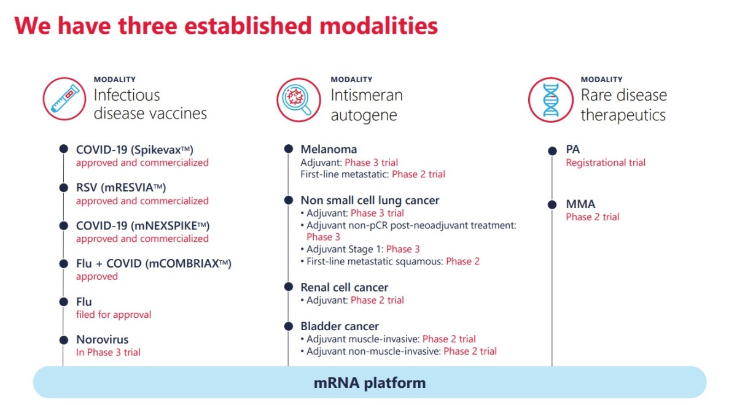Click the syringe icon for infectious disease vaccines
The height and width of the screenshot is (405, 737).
pyautogui.click(x=64, y=99)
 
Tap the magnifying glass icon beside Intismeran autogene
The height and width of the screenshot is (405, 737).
pyautogui.click(x=298, y=99)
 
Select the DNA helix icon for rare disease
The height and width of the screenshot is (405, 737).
pyautogui.click(x=550, y=99)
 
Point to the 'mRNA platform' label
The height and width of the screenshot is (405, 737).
pyautogui.click(x=370, y=383)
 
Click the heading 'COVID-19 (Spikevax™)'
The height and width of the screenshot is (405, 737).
pyautogui.click(x=135, y=150)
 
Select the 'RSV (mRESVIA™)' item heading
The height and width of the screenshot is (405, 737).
pyautogui.click(x=121, y=188)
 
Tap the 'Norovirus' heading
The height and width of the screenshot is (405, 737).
pyautogui.click(x=103, y=339)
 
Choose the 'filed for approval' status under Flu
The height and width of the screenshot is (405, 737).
pyautogui.click(x=114, y=315)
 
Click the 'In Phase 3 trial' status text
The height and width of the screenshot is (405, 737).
pyautogui.click(x=108, y=352)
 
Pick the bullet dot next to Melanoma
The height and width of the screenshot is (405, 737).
pyautogui.click(x=289, y=149)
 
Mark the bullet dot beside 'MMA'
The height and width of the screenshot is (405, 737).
pyautogui.click(x=552, y=204)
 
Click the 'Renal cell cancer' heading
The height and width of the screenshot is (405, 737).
pyautogui.click(x=344, y=287)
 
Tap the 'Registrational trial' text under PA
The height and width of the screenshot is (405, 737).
pyautogui.click(x=606, y=163)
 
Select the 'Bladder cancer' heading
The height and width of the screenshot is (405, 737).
pyautogui.click(x=340, y=326)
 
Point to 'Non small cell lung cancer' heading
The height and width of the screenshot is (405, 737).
pyautogui.click(x=370, y=200)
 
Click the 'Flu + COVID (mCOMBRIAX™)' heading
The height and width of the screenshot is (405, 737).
pyautogui.click(x=154, y=264)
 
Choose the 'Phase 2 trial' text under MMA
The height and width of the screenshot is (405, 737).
pyautogui.click(x=593, y=217)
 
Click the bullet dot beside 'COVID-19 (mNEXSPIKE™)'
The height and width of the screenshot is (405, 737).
pyautogui.click(x=64, y=226)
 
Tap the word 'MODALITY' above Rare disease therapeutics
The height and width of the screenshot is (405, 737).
pyautogui.click(x=601, y=80)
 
